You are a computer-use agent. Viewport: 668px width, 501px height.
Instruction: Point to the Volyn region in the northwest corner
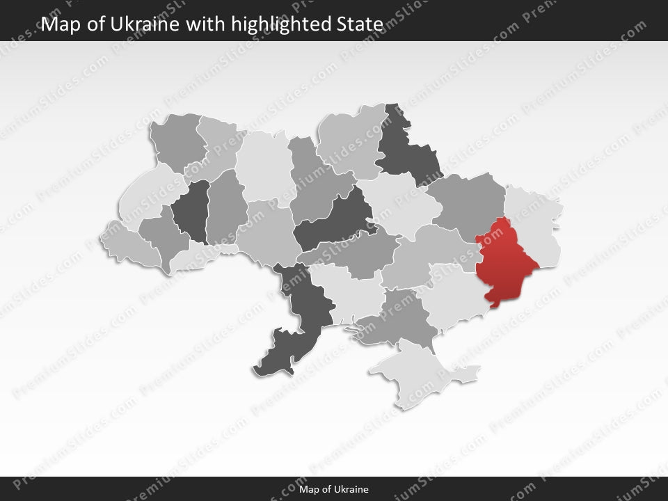click(177, 143)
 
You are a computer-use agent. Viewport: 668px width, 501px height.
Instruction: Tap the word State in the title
click(363, 24)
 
